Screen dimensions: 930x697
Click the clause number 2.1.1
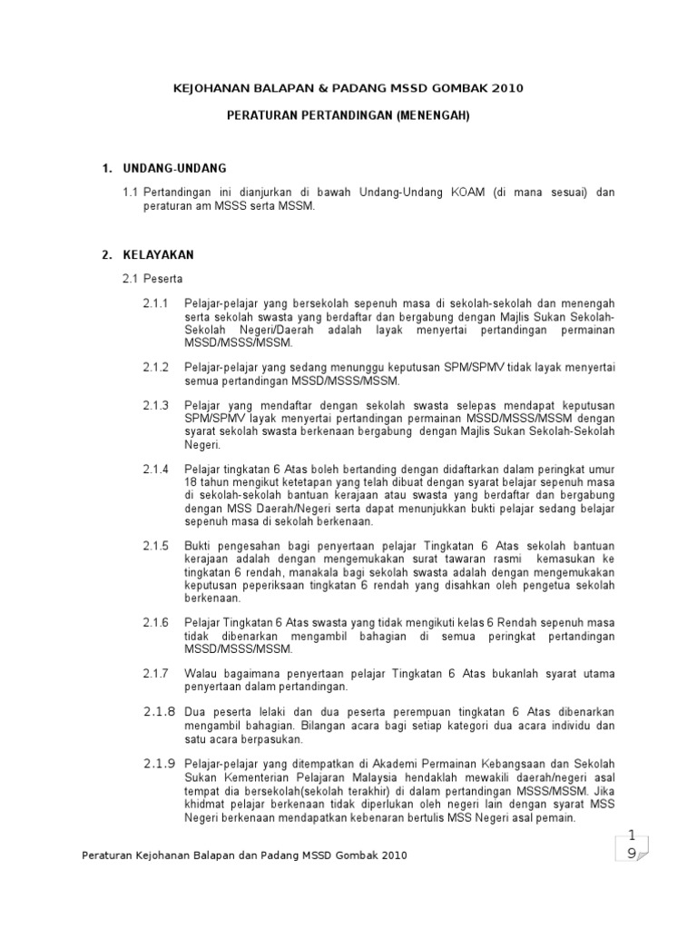[156, 302]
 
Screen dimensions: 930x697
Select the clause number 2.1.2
[156, 367]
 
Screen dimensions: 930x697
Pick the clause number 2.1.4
[156, 469]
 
